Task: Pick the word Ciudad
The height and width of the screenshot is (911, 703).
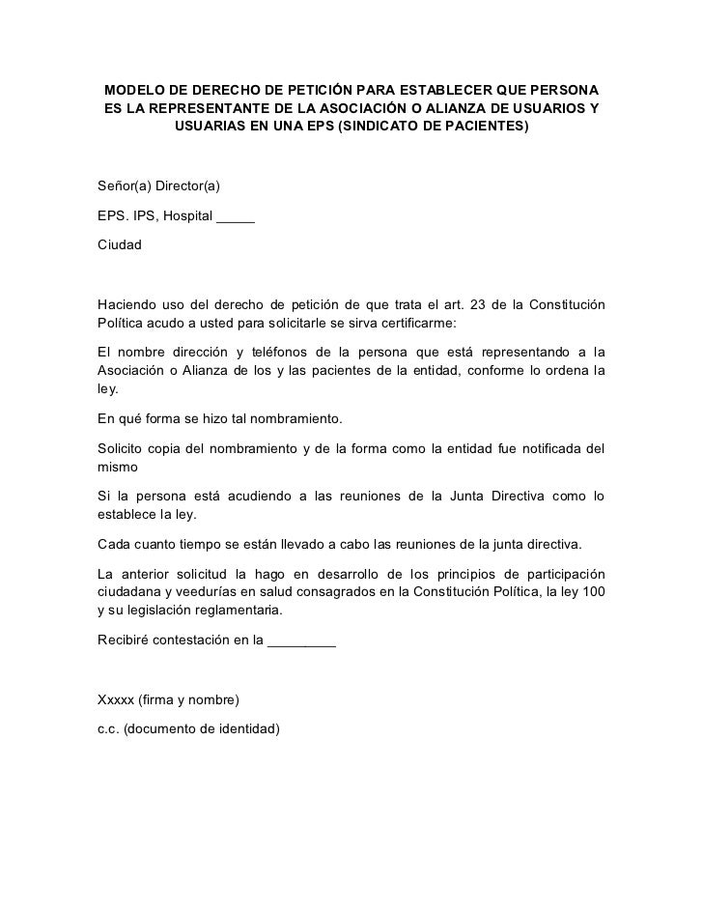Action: pyautogui.click(x=120, y=245)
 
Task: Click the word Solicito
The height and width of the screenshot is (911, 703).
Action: pyautogui.click(x=123, y=448)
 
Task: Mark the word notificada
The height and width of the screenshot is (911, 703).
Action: pyautogui.click(x=549, y=448)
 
